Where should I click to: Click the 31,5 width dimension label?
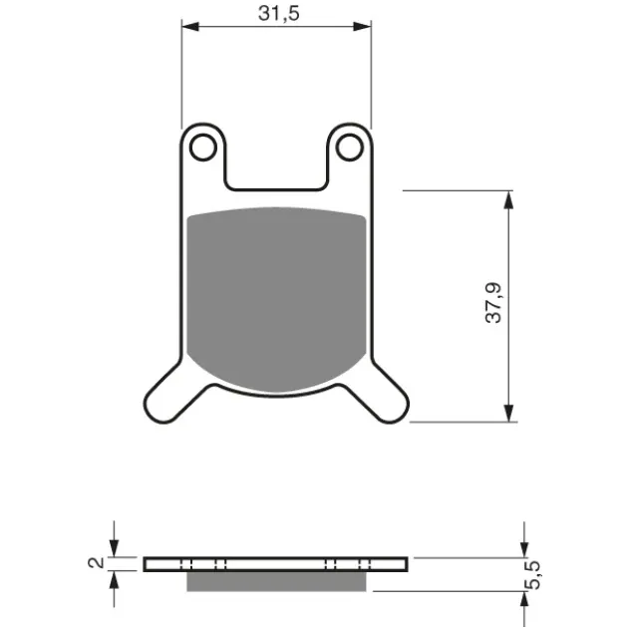coord(279,13)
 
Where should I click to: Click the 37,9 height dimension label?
coord(493,303)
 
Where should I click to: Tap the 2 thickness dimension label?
coord(96,563)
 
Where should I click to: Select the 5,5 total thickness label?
coord(532,575)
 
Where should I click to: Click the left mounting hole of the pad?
coord(203,148)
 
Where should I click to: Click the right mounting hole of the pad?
coord(350,148)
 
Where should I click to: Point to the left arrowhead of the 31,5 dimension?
coord(190,27)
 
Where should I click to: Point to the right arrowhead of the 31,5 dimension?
coord(363,27)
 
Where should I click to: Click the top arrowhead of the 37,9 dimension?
coord(508,199)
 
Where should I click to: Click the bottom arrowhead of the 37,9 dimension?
coord(508,413)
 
